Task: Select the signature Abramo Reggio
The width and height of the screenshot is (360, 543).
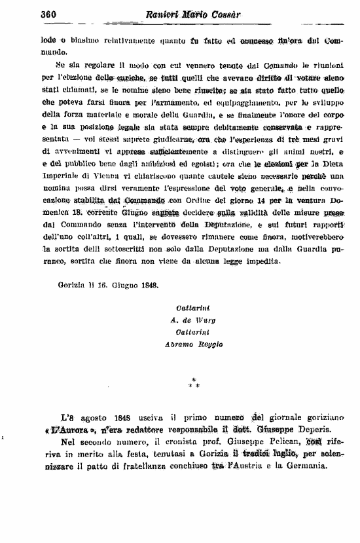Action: (x=198, y=343)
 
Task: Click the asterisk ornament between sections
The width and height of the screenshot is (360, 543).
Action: (x=193, y=383)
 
